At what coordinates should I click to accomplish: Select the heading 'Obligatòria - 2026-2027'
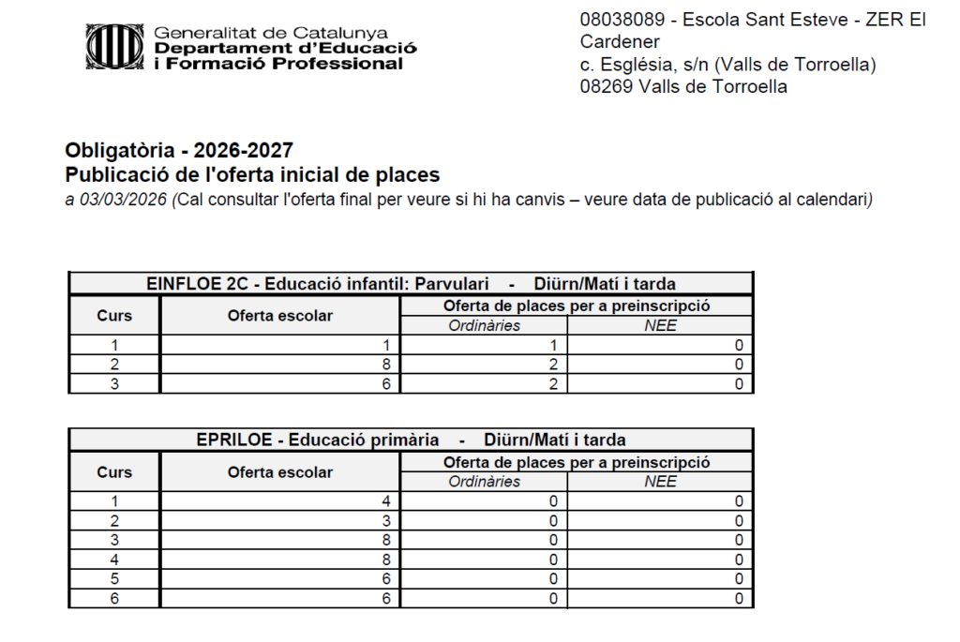click(x=179, y=150)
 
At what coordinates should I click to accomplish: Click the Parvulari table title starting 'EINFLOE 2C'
click(x=411, y=284)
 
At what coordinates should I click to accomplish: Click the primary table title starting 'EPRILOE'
click(x=411, y=440)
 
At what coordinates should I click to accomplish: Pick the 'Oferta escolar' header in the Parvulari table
click(x=279, y=316)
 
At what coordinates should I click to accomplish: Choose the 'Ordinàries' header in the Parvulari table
click(x=484, y=326)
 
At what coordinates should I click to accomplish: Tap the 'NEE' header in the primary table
click(x=660, y=482)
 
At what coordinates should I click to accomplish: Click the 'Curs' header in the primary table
click(x=114, y=472)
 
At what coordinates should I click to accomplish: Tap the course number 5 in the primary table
click(x=114, y=578)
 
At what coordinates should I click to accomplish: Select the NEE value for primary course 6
click(x=740, y=598)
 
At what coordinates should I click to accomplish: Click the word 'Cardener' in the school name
click(x=620, y=42)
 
